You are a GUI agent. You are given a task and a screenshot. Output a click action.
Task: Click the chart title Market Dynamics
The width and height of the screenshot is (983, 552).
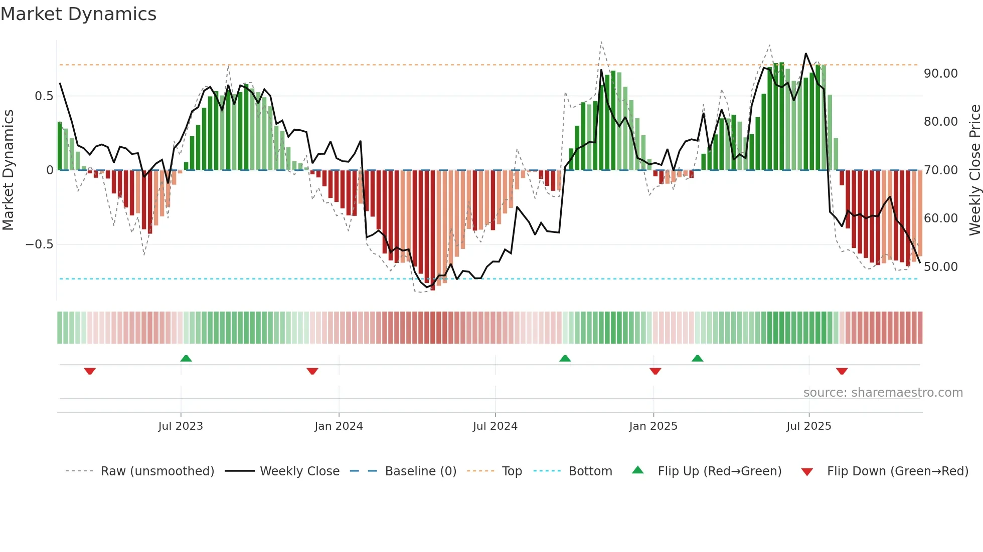78,14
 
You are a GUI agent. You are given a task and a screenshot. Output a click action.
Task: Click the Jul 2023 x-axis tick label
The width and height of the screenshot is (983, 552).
181,426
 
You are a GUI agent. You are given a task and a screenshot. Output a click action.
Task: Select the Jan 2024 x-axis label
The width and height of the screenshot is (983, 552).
339,426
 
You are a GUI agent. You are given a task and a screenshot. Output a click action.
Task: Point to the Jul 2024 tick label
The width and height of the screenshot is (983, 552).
495,426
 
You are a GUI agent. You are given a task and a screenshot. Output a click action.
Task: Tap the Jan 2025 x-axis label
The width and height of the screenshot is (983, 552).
653,426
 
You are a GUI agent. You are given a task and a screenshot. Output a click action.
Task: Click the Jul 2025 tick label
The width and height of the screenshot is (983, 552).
808,426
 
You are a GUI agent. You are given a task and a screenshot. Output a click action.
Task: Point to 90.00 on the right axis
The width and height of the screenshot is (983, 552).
941,74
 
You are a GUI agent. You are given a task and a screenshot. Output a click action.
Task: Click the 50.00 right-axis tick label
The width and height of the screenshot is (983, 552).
941,267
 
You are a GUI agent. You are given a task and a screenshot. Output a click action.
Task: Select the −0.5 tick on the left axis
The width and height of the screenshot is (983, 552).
39,244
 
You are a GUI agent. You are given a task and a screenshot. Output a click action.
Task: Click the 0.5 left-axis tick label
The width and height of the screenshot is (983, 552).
44,96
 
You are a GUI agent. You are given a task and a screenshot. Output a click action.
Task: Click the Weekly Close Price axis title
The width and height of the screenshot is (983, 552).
975,170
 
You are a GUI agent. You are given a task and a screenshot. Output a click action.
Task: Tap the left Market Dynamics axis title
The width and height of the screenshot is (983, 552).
8,170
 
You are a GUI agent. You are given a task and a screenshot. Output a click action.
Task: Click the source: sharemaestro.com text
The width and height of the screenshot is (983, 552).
883,393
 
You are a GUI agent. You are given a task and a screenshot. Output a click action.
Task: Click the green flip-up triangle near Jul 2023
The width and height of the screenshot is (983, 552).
186,359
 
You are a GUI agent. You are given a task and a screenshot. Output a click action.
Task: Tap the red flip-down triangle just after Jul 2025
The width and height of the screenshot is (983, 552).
842,371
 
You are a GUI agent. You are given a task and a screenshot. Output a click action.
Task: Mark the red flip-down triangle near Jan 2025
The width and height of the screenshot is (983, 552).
655,371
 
